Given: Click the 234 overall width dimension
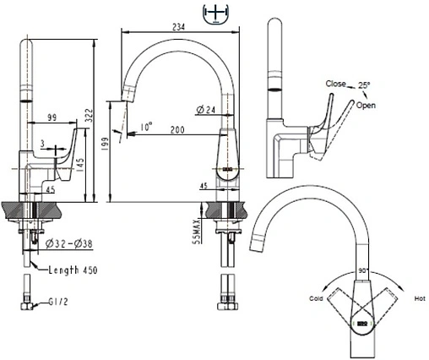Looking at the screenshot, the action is pos(179,27).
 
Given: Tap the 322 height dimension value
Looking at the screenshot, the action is pos(89,115).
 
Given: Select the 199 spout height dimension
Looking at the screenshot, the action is pos(105,145).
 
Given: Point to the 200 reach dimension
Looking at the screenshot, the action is pos(177,130).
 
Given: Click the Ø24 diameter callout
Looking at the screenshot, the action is pos(206,110).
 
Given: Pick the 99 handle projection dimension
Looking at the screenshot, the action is pos(52,117).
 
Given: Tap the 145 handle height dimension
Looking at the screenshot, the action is pos(80,166).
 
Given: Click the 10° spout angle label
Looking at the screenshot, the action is pos(146,127).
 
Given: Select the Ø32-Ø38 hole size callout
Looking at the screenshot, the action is pos(69,243).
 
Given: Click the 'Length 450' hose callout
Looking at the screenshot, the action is pos(73,270).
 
